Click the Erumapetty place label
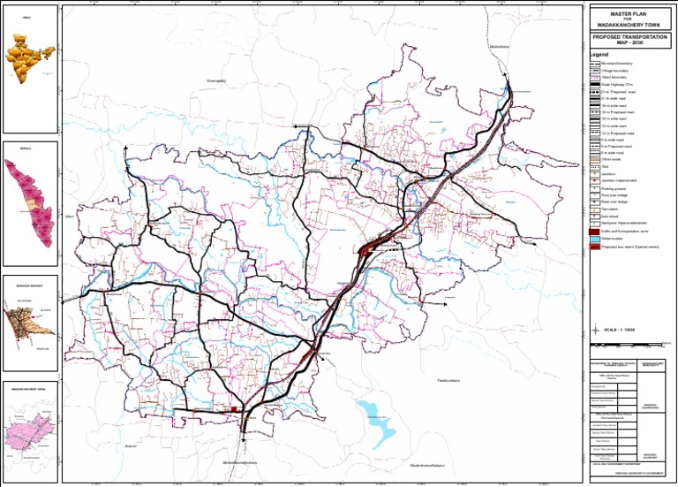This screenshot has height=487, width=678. tap(217, 81)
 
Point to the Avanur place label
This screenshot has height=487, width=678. tap(133, 448)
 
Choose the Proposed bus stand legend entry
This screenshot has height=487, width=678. tap(627, 248)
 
